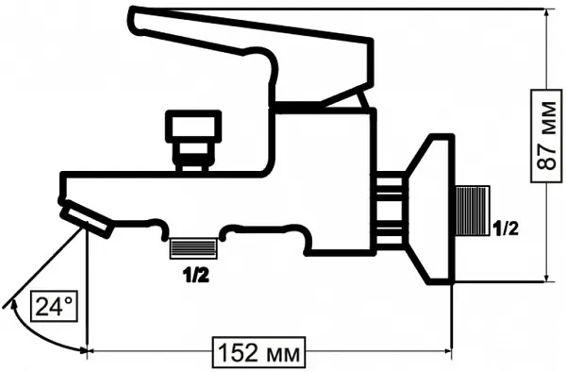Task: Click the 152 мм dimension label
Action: tap(258, 352)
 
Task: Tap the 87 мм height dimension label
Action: tap(547, 135)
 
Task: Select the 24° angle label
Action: tap(54, 306)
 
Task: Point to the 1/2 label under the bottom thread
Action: tap(195, 276)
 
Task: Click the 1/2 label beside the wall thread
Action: tap(506, 228)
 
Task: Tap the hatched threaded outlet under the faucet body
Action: tap(193, 248)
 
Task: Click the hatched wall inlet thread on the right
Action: tap(473, 211)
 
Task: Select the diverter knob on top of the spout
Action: tap(193, 140)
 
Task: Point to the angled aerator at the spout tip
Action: tap(86, 221)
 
